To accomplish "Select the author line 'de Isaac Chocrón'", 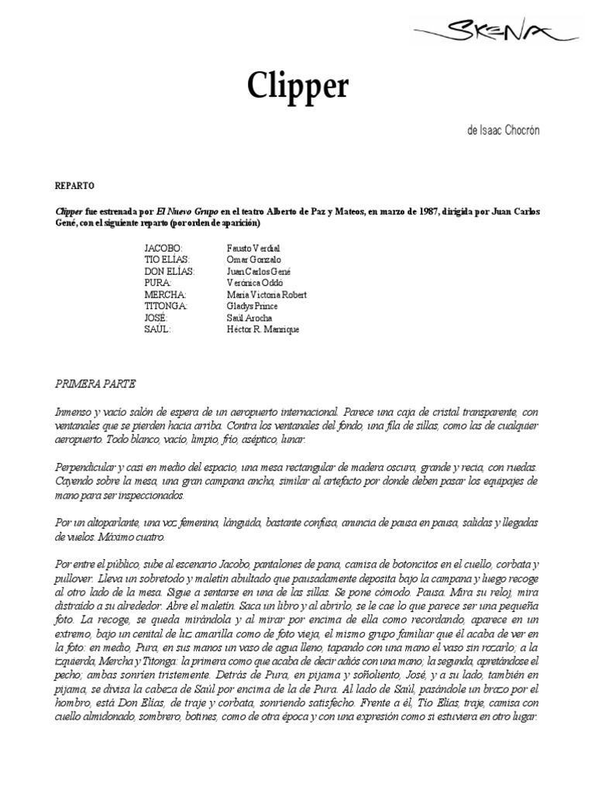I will click(x=503, y=130).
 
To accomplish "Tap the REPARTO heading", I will click(x=75, y=187).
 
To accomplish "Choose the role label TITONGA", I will click(x=166, y=306).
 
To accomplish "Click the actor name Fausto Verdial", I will click(x=253, y=247).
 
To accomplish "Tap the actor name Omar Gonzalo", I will click(x=253, y=259).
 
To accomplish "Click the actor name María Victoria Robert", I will click(x=266, y=294).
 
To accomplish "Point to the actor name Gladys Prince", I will click(x=252, y=306).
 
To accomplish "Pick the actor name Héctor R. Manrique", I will click(x=262, y=329).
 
